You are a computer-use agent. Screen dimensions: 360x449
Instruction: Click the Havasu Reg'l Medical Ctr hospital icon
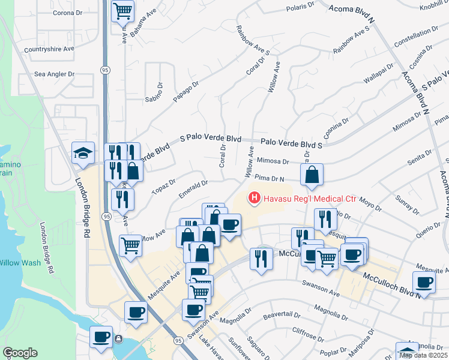(254, 197)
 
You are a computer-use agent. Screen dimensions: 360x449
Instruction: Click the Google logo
(20, 353)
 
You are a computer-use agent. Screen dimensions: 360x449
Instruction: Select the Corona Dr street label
(67, 13)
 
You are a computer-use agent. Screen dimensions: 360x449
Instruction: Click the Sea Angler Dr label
(54, 74)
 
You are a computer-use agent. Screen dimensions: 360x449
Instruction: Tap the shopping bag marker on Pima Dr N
(312, 175)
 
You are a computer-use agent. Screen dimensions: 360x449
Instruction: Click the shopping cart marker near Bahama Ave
(122, 10)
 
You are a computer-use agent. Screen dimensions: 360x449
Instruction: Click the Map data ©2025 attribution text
(424, 355)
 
